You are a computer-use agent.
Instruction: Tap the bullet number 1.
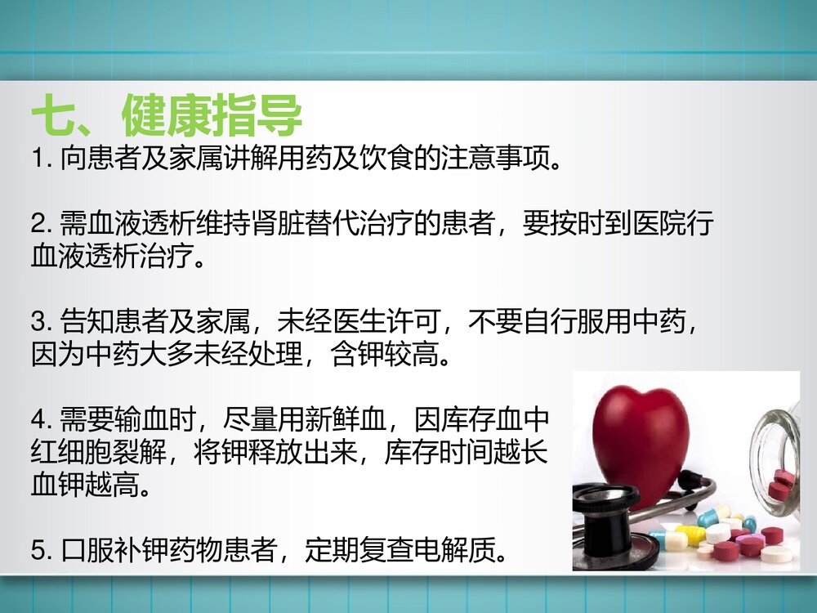[38, 158]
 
